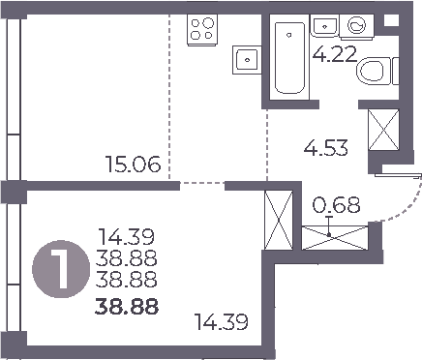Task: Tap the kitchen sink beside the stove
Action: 248,59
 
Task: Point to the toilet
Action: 377,71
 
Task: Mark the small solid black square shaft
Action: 390,20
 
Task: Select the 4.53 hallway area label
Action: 325,149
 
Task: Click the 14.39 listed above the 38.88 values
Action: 127,236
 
